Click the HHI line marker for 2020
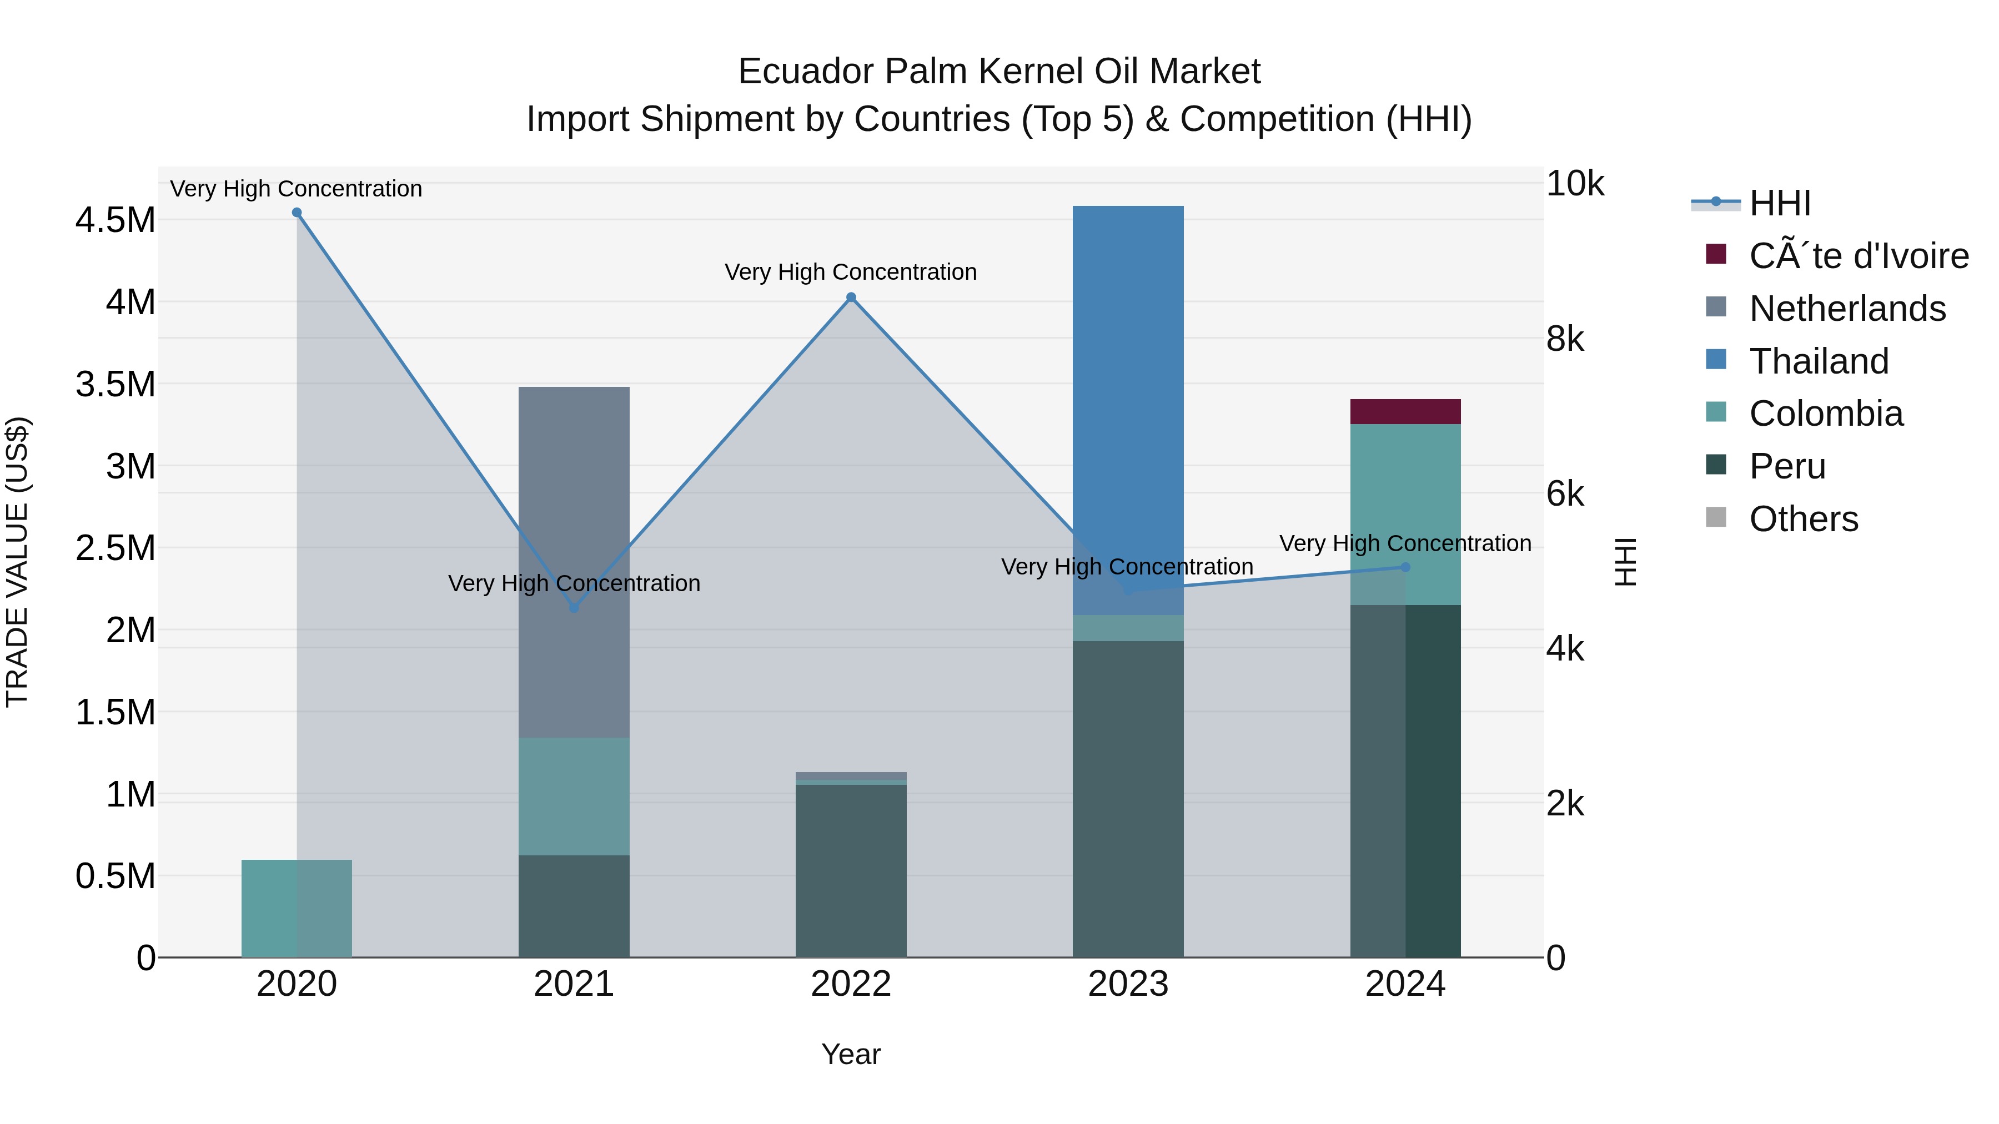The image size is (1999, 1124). pyautogui.click(x=297, y=213)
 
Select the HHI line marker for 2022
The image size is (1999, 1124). pyautogui.click(x=851, y=297)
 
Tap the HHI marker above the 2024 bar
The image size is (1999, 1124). pyautogui.click(x=1405, y=567)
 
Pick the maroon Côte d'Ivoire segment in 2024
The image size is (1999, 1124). pyautogui.click(x=1405, y=411)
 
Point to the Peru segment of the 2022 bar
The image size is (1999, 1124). pyautogui.click(x=851, y=869)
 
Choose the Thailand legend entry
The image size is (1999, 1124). pyautogui.click(x=1818, y=361)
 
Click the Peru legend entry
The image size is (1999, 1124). pyautogui.click(x=1787, y=466)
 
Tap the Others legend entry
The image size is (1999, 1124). pyautogui.click(x=1804, y=519)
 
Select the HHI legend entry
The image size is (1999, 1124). pyautogui.click(x=1780, y=203)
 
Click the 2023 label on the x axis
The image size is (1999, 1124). pyautogui.click(x=1128, y=984)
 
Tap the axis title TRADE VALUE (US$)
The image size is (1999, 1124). pyautogui.click(x=17, y=562)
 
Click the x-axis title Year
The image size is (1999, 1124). pyautogui.click(x=851, y=1054)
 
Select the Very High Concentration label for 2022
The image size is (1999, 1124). pyautogui.click(x=851, y=273)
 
